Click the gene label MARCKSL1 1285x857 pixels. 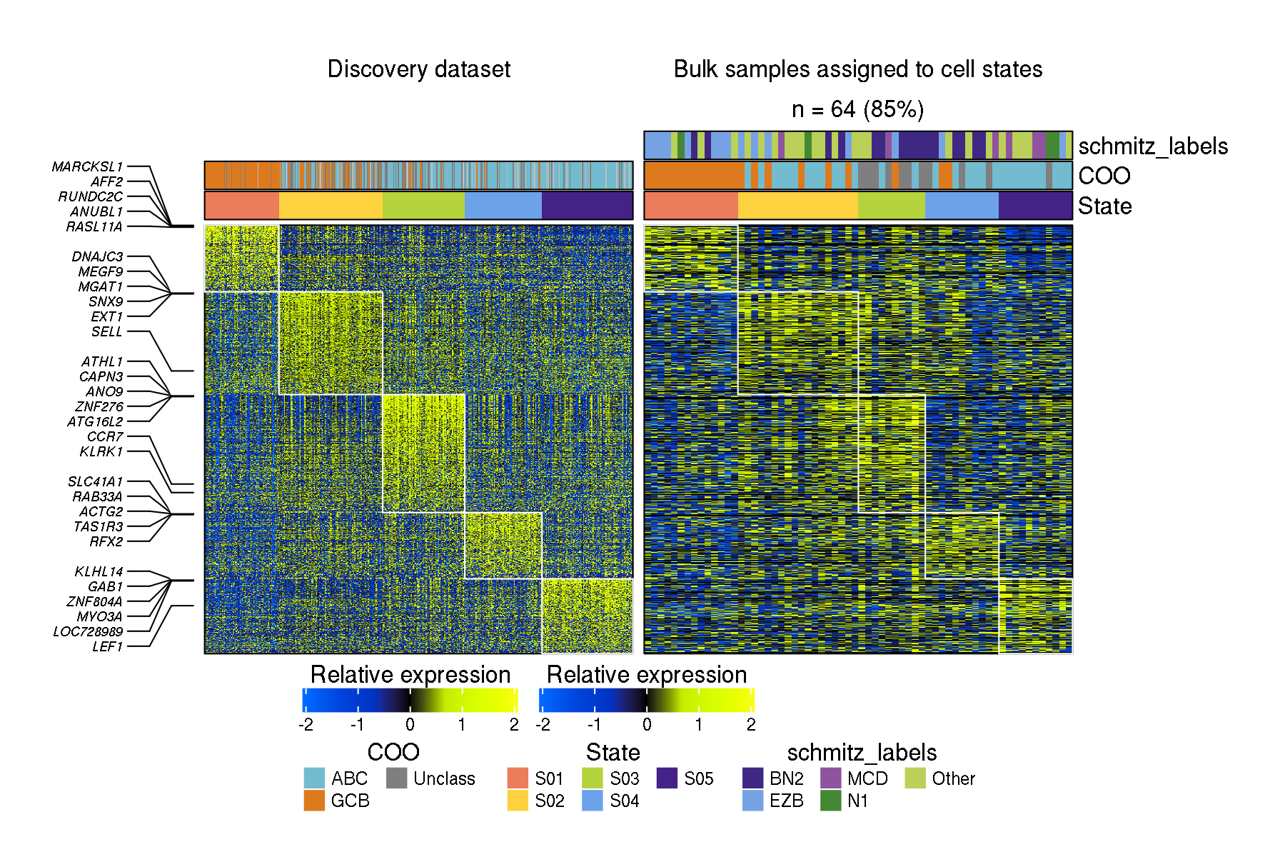tap(87, 166)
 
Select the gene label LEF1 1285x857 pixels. tap(107, 646)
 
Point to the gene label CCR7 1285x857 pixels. tap(105, 436)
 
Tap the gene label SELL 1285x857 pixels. tap(106, 331)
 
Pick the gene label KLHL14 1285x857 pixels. tap(99, 571)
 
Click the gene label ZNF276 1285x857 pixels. tap(99, 406)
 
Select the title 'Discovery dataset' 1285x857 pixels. tap(419, 69)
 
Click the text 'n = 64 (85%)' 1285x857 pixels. tap(857, 109)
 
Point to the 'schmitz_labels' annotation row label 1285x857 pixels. tap(1152, 146)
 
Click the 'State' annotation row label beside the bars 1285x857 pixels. tap(1104, 206)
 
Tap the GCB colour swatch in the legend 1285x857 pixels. tap(314, 801)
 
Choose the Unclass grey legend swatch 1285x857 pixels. tap(396, 778)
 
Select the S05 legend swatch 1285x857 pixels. tap(667, 778)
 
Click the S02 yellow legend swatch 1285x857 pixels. tap(518, 801)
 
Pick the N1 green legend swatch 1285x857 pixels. tap(831, 801)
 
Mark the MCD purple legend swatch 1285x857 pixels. tap(831, 778)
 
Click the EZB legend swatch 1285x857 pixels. tap(753, 801)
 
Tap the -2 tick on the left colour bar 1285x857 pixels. tap(306, 724)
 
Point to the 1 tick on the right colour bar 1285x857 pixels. tap(699, 724)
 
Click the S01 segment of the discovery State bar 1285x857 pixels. tap(241, 205)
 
